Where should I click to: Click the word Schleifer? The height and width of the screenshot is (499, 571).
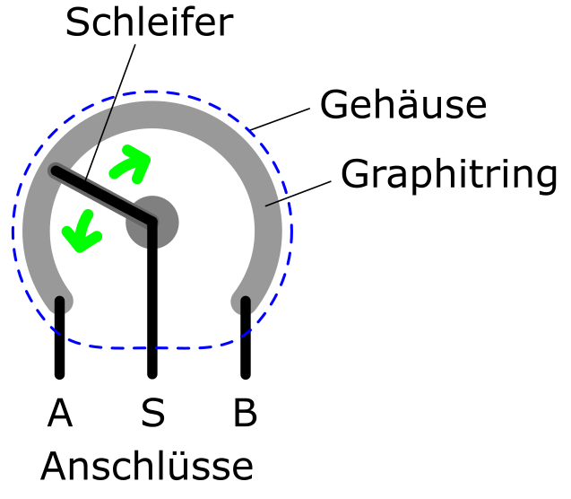coord(150,22)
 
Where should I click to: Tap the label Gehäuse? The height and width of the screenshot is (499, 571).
coord(403,104)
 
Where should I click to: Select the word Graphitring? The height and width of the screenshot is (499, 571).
coord(449,174)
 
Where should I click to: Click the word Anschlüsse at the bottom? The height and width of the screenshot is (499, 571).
coord(147,466)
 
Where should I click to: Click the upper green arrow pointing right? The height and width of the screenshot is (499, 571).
coord(131,164)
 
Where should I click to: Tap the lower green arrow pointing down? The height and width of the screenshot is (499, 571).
coord(82,232)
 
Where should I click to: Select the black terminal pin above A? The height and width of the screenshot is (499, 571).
coord(60,337)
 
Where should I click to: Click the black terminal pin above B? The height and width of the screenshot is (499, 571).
coord(246,337)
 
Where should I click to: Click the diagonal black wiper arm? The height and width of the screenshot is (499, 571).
coord(104,196)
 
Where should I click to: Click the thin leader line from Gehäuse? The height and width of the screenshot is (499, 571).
coord(281,118)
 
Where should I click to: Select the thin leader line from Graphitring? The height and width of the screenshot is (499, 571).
coord(298,194)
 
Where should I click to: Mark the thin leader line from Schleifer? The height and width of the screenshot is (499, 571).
coord(110,112)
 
